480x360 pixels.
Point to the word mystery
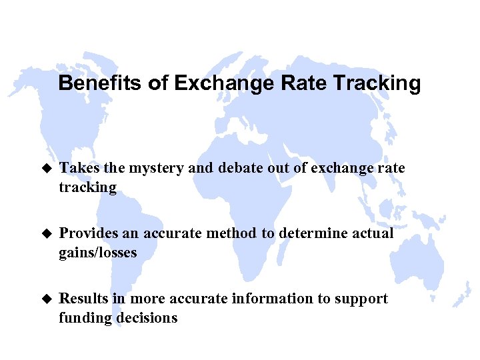point(147,169)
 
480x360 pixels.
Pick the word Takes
point(77,169)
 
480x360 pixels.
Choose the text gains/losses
point(97,253)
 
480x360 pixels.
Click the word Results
point(83,299)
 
